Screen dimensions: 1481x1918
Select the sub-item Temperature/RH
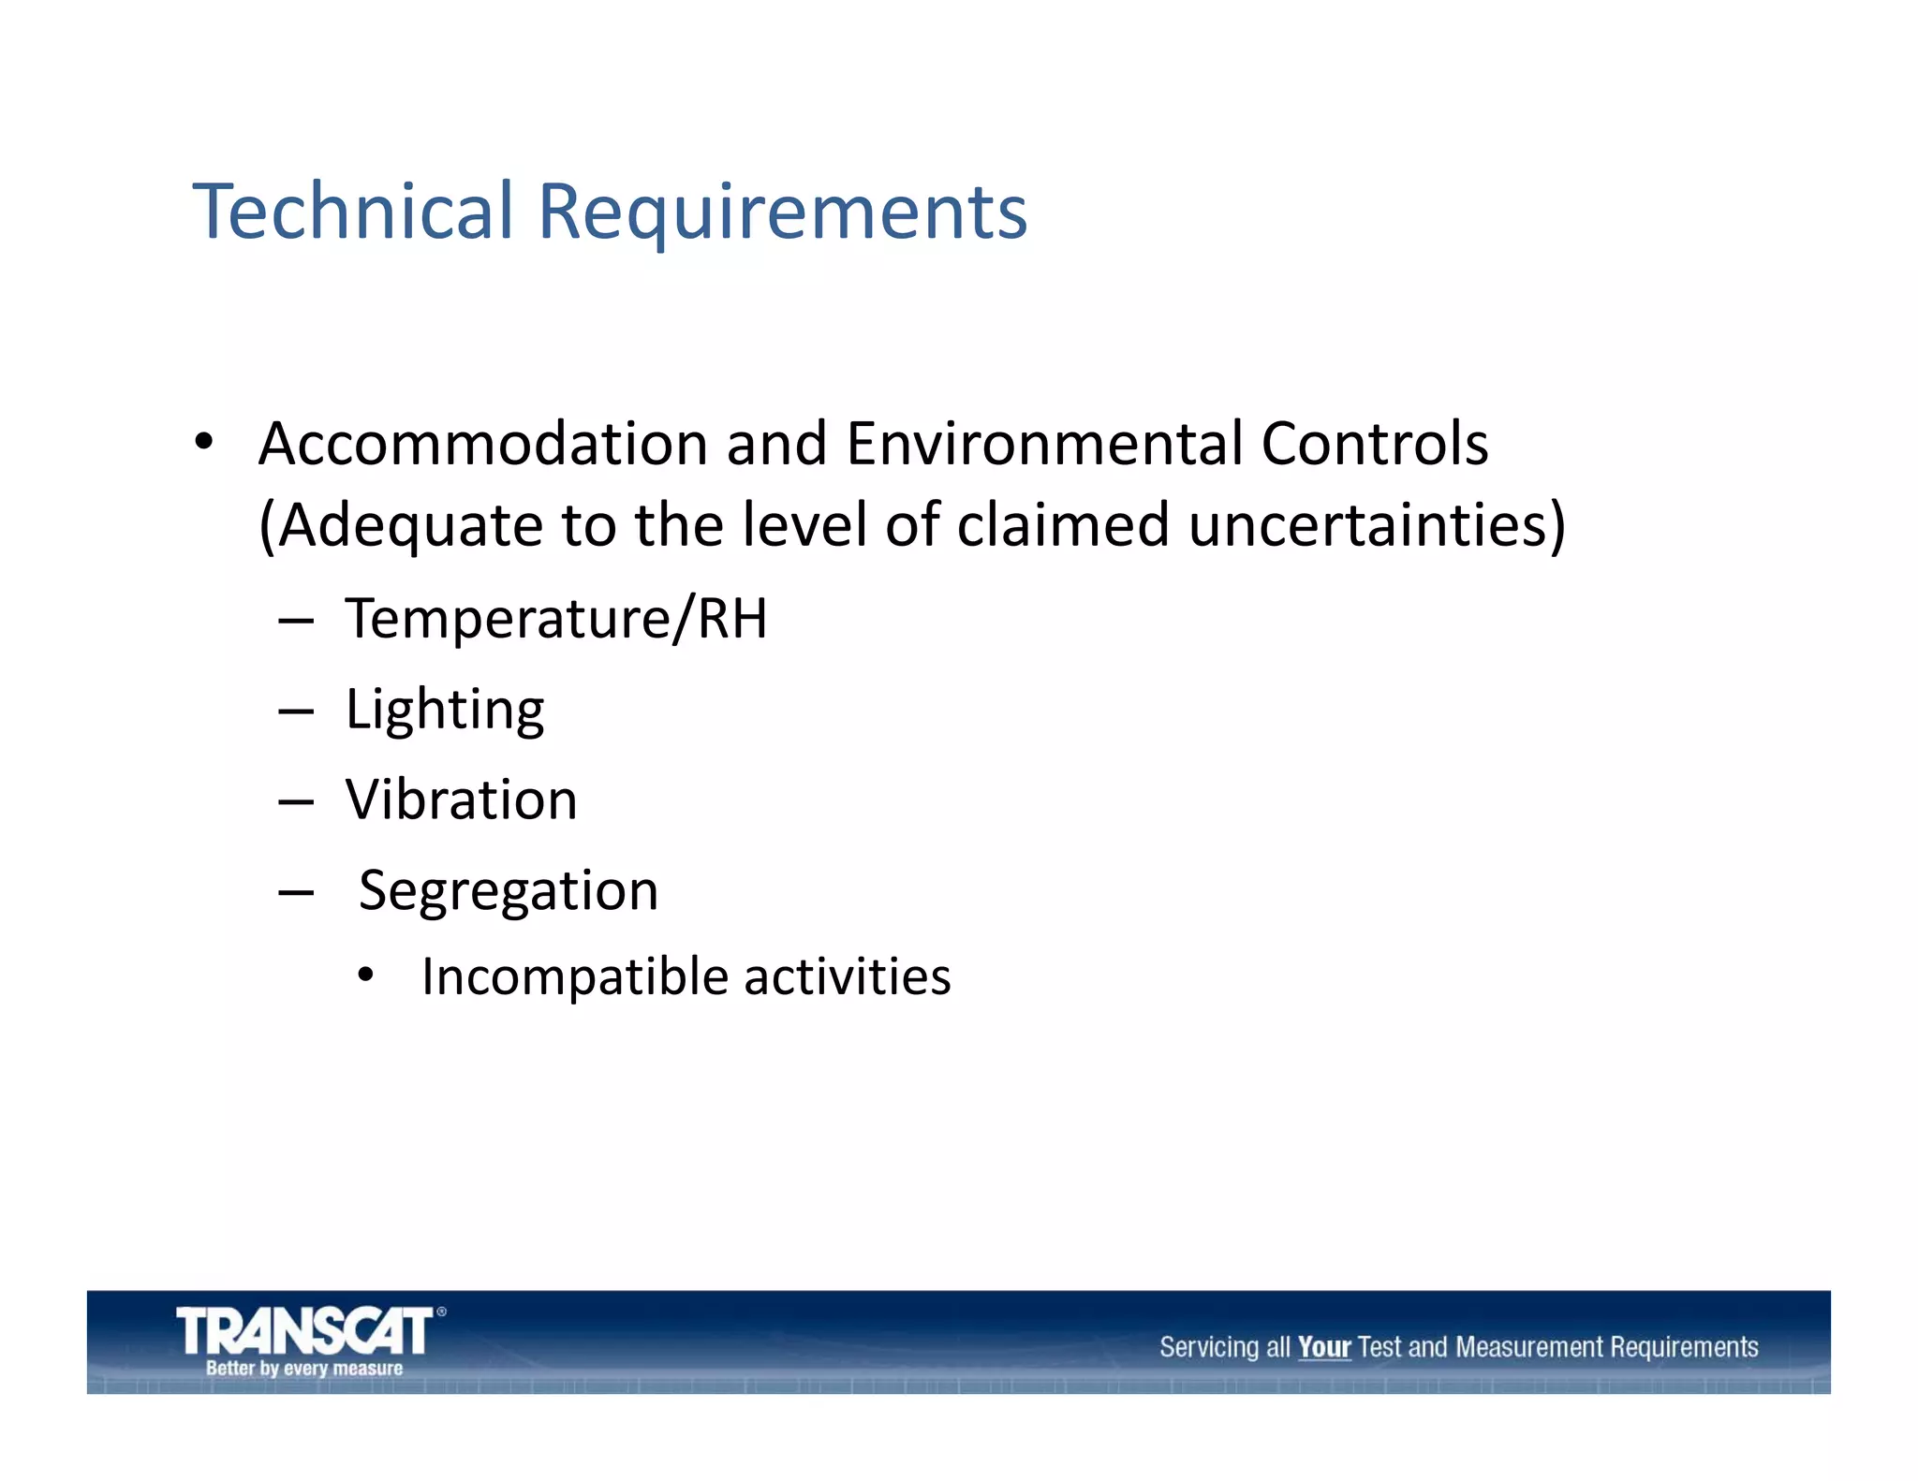point(556,619)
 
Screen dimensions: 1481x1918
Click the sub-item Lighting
point(445,710)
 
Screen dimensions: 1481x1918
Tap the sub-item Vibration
point(462,800)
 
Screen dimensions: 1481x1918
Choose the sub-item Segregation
point(509,890)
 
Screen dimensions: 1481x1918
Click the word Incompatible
point(575,977)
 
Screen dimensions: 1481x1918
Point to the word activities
point(847,976)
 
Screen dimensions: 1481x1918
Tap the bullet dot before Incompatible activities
point(366,976)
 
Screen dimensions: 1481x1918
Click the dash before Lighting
point(296,712)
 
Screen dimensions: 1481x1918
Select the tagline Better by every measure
point(304,1369)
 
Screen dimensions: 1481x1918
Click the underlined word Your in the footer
point(1323,1347)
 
